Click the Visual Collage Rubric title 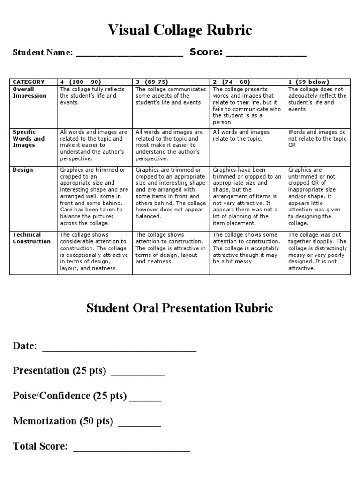(x=180, y=31)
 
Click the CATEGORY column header (x=29, y=82)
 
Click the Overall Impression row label (x=30, y=92)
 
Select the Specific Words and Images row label (x=29, y=139)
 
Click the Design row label (x=23, y=170)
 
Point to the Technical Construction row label (x=31, y=238)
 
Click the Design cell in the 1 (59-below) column (x=317, y=196)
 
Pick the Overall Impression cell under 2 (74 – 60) (x=247, y=105)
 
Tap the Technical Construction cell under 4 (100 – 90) (x=94, y=252)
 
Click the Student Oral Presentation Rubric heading (x=180, y=308)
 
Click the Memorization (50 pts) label (x=63, y=421)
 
